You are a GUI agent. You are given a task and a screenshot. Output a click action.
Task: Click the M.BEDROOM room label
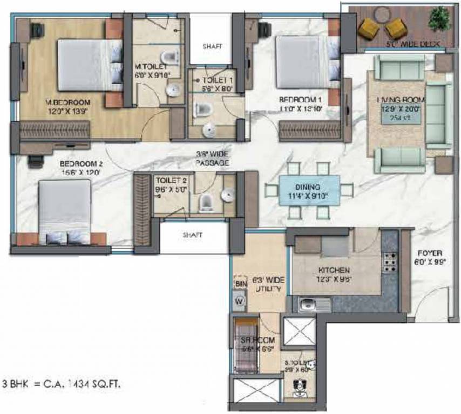(x=67, y=102)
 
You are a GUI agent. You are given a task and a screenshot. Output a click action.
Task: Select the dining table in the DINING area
(x=309, y=190)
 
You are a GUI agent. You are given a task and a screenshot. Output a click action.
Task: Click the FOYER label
(x=430, y=252)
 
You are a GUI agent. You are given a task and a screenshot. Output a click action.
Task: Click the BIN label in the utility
(x=240, y=284)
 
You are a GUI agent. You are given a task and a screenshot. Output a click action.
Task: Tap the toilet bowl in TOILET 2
(x=206, y=202)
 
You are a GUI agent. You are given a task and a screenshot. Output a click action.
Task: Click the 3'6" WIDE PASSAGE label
(x=213, y=159)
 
